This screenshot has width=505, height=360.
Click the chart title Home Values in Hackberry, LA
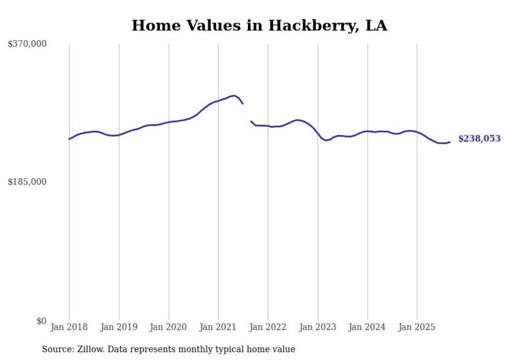[x=259, y=25]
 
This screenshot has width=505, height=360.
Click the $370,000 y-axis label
[x=27, y=44]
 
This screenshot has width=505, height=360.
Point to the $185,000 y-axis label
[x=27, y=182]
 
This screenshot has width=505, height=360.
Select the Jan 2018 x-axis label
[x=69, y=327]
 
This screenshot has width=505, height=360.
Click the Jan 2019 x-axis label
[x=119, y=327]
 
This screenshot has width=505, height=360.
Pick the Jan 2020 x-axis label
[x=169, y=327]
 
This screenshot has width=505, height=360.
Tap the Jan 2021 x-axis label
[x=218, y=327]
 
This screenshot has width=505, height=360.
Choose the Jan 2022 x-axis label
[x=268, y=327]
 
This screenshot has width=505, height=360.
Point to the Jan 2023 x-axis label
[x=317, y=327]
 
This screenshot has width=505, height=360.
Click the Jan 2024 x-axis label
[x=367, y=327]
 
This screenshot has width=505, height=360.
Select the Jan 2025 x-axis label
[x=417, y=327]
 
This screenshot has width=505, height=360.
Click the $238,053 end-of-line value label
[x=479, y=139]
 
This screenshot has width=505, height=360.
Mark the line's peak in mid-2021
[x=234, y=95]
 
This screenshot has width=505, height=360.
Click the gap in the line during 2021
[x=247, y=113]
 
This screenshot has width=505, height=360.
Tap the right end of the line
[x=450, y=142]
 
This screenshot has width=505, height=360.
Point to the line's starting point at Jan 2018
[x=69, y=139]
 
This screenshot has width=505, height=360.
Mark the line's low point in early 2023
[x=326, y=140]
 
